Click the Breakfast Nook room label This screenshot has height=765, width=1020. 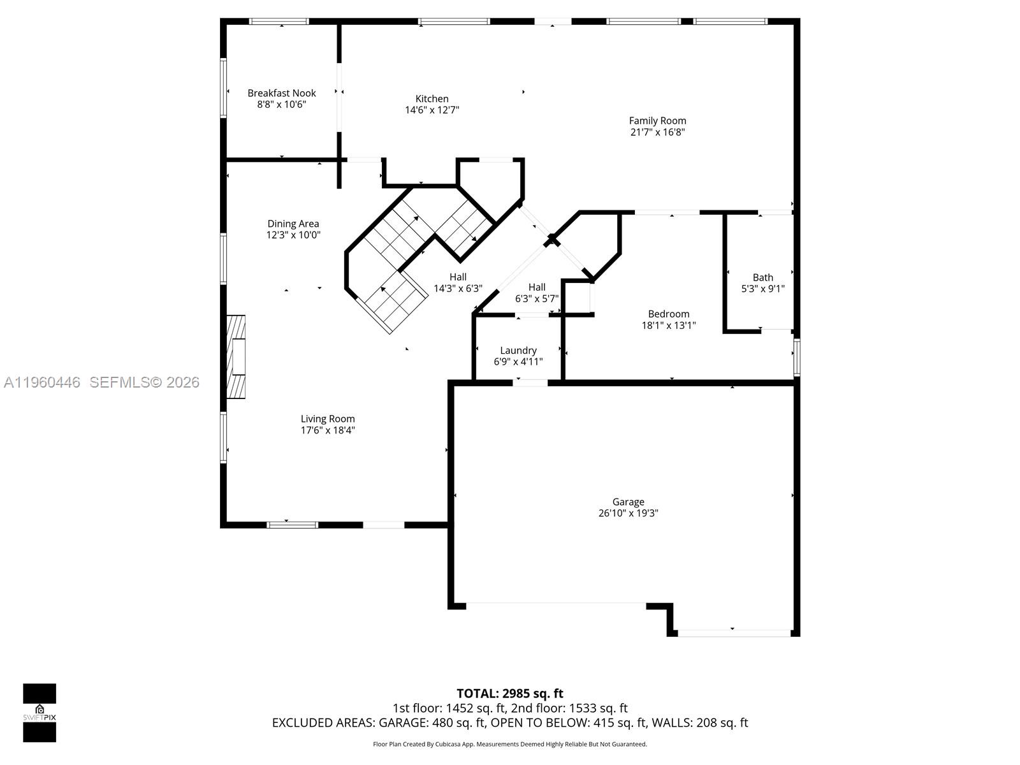point(282,93)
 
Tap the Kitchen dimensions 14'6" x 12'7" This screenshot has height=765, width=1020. point(432,110)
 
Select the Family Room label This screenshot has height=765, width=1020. point(657,120)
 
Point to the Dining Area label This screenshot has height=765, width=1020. point(293,224)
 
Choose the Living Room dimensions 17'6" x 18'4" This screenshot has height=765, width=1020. point(328,430)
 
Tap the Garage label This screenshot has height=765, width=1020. point(628,502)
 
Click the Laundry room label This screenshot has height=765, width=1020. point(518,351)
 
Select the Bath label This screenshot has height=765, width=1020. point(762,277)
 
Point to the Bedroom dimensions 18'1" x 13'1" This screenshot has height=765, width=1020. point(668,325)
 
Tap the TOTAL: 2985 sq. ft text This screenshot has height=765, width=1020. point(509,693)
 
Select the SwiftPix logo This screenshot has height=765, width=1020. point(40,713)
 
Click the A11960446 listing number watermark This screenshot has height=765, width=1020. point(42,382)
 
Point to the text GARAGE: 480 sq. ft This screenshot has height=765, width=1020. point(432,723)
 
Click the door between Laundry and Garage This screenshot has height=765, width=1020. point(530,382)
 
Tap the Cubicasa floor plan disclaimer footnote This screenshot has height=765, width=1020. point(509,744)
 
